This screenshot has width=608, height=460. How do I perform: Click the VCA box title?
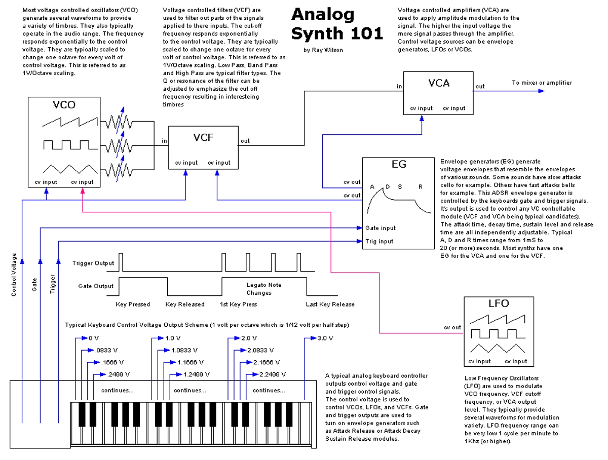pyautogui.click(x=439, y=83)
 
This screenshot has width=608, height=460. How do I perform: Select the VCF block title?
pyautogui.click(x=203, y=138)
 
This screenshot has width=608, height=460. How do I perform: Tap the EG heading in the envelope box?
pyautogui.click(x=399, y=165)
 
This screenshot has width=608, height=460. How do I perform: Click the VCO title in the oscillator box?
pyautogui.click(x=64, y=105)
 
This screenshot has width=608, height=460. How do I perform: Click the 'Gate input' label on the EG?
pyautogui.click(x=381, y=228)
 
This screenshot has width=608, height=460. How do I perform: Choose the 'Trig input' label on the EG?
pyautogui.click(x=379, y=242)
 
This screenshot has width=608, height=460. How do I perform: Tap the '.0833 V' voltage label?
pyautogui.click(x=106, y=351)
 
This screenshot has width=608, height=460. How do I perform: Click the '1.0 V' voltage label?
pyautogui.click(x=174, y=338)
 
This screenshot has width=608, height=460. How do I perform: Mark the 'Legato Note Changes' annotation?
pyautogui.click(x=263, y=289)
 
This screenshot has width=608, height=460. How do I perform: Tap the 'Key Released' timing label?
pyautogui.click(x=185, y=304)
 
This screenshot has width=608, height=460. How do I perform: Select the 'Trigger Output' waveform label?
pyautogui.click(x=94, y=263)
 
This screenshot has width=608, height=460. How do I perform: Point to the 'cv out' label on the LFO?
pyautogui.click(x=452, y=327)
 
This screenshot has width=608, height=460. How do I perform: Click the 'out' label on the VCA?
pyautogui.click(x=480, y=87)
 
